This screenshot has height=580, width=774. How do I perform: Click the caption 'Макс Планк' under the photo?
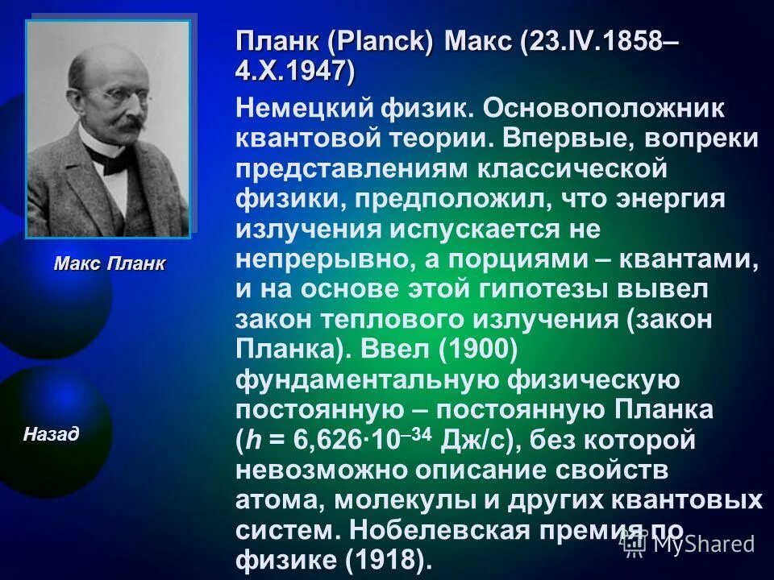[109, 263]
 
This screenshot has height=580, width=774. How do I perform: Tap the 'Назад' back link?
[51, 435]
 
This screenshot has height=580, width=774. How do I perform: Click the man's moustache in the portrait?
[113, 126]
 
